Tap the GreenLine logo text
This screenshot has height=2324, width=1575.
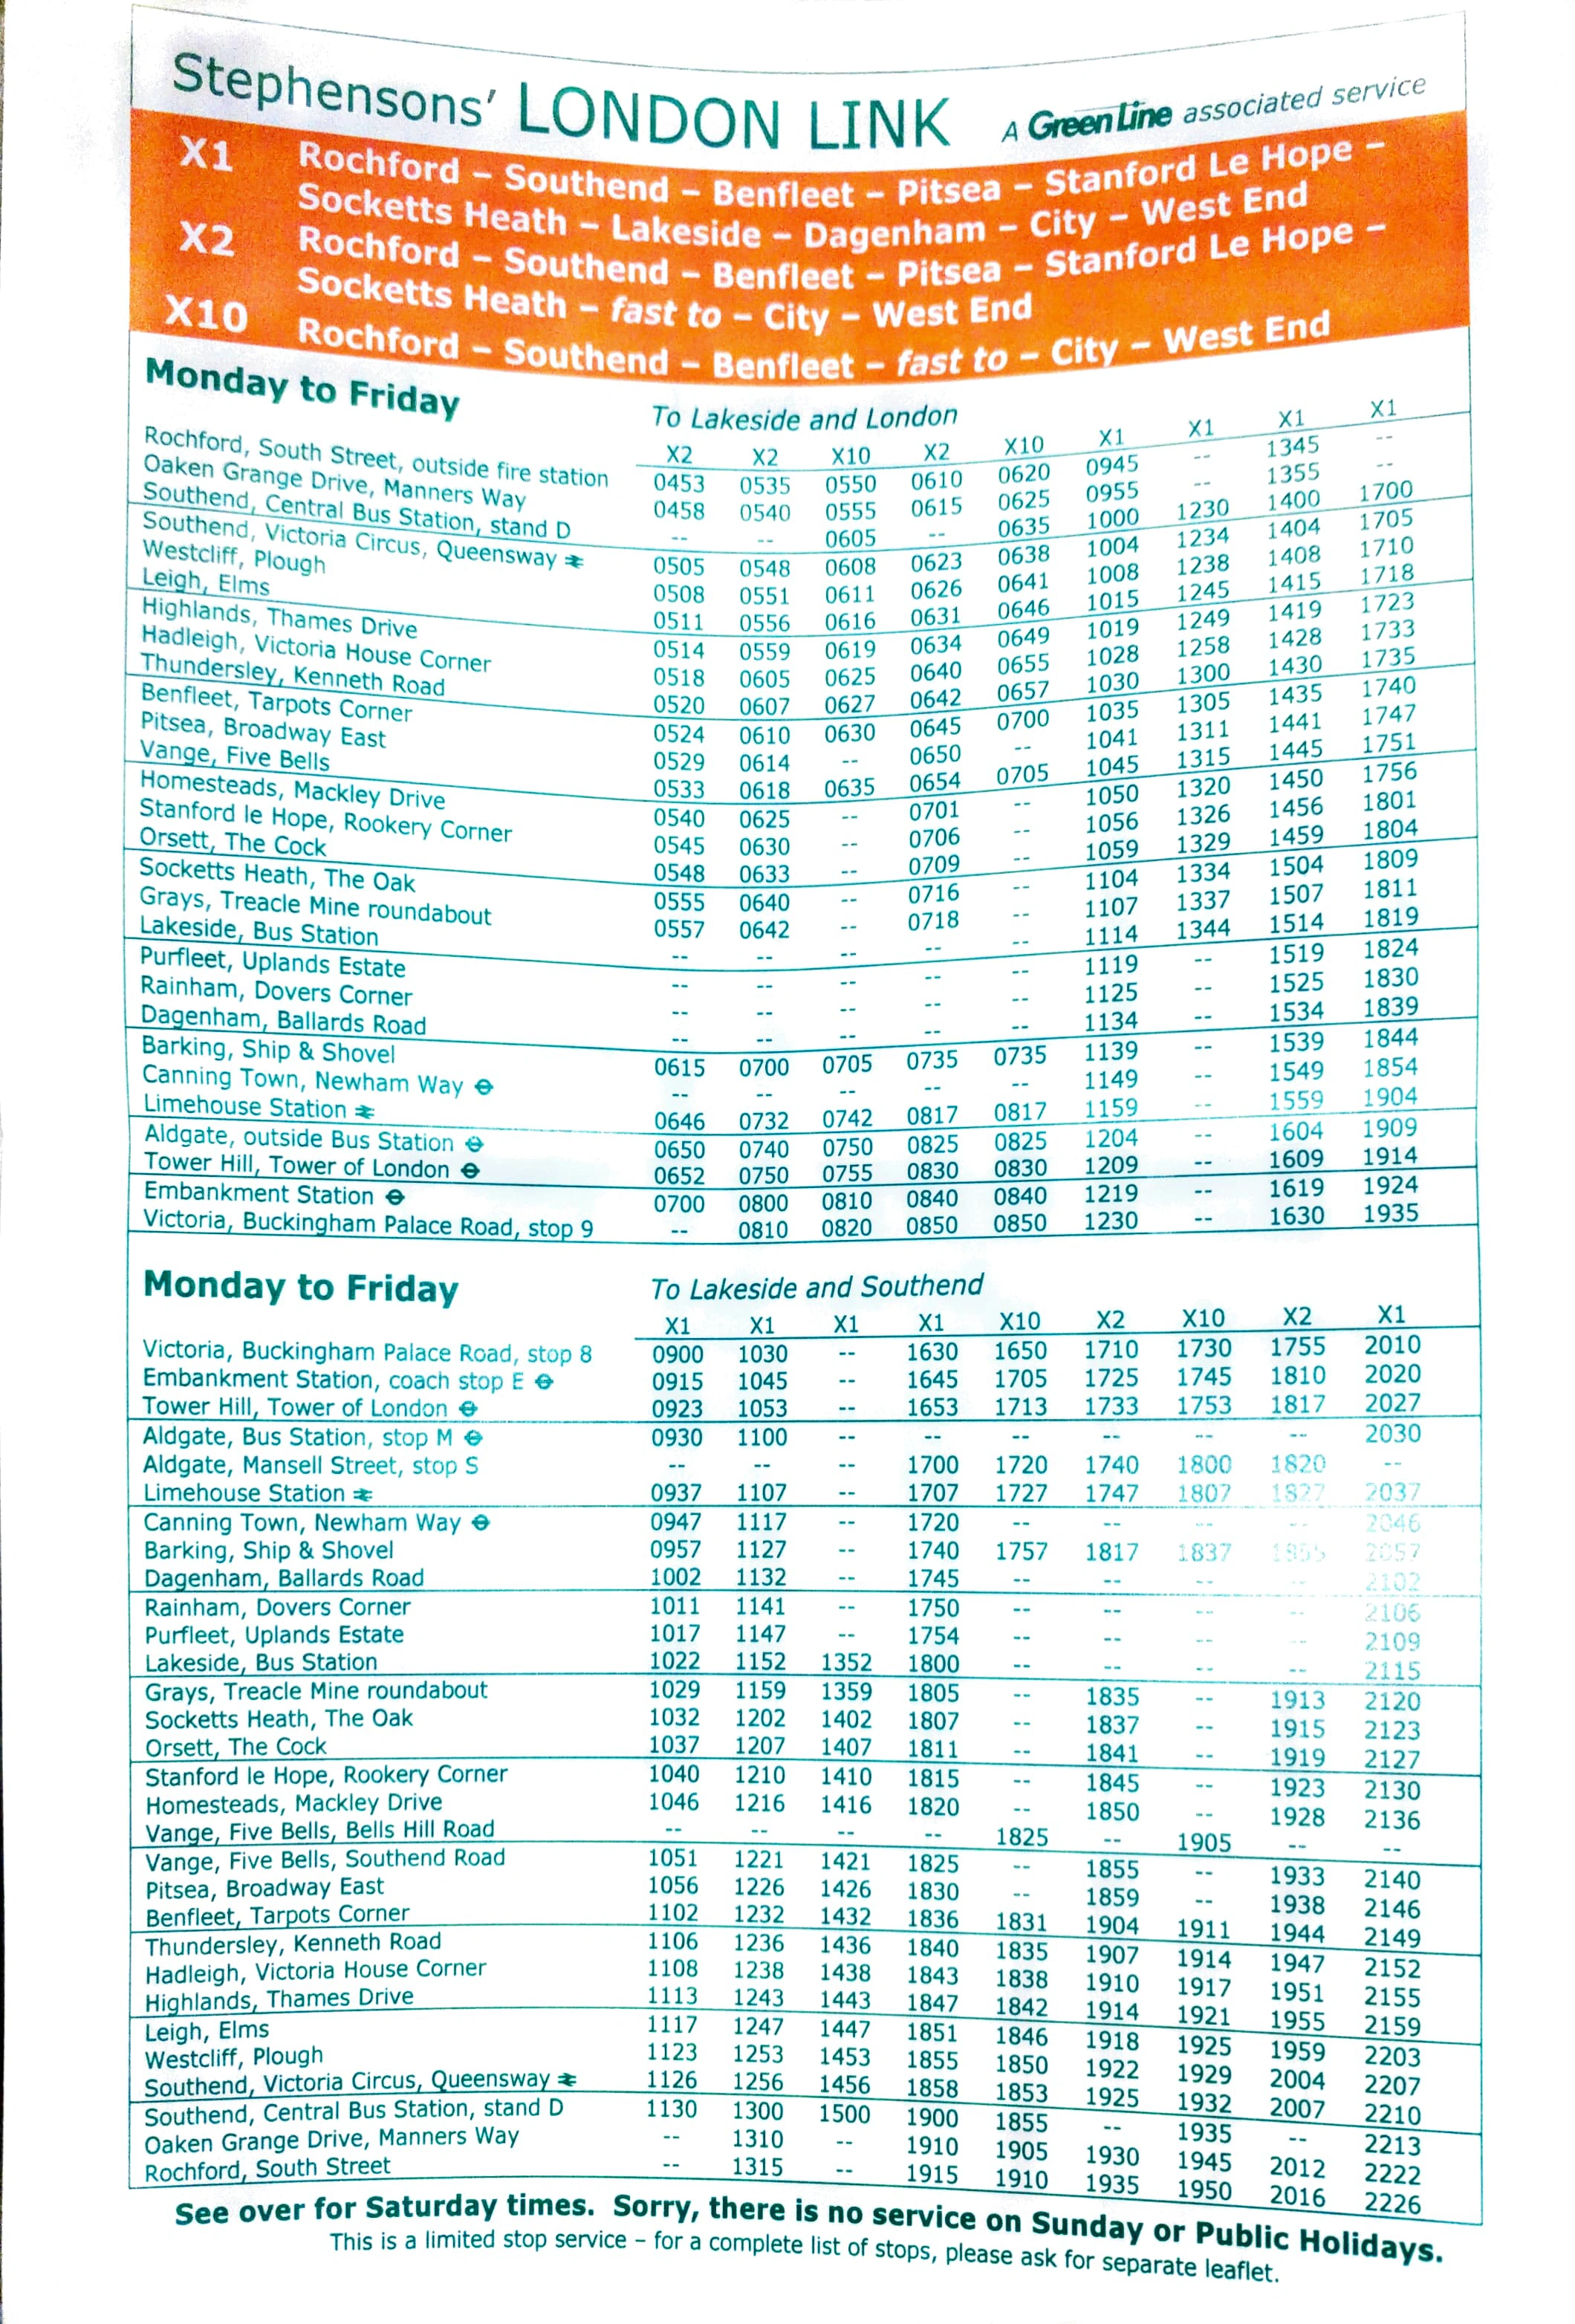point(1098,121)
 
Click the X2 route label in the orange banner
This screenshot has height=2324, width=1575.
point(207,239)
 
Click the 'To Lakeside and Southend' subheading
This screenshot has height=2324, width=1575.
point(816,1287)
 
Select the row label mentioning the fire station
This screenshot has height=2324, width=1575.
point(375,455)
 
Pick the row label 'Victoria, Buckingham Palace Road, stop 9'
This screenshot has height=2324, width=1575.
point(367,1224)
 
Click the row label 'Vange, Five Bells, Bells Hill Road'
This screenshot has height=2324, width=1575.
point(319,1830)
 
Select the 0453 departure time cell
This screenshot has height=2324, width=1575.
point(678,483)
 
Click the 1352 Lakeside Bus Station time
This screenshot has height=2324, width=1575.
point(846,1662)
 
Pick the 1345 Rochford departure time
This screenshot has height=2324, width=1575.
point(1292,446)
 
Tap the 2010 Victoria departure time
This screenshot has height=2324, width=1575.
point(1392,1345)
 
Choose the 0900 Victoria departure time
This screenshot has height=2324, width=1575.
point(677,1354)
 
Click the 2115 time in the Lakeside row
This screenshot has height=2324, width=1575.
point(1392,1670)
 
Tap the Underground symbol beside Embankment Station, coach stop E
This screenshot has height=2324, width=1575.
point(544,1382)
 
